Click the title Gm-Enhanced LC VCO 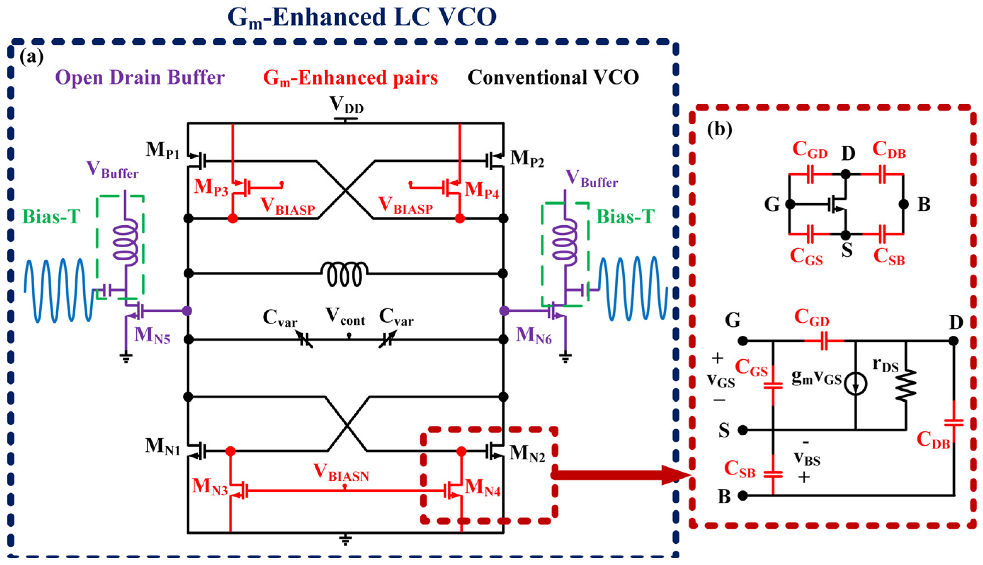point(362,17)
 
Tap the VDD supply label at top point(346,105)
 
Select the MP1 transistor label point(162,150)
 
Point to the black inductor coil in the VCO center point(345,273)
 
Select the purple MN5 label point(152,335)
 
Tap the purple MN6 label point(533,335)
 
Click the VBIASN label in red point(341,472)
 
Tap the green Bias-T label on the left point(51,216)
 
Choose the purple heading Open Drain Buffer point(139,78)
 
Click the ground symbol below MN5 point(126,357)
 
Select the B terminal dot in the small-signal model point(742,496)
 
